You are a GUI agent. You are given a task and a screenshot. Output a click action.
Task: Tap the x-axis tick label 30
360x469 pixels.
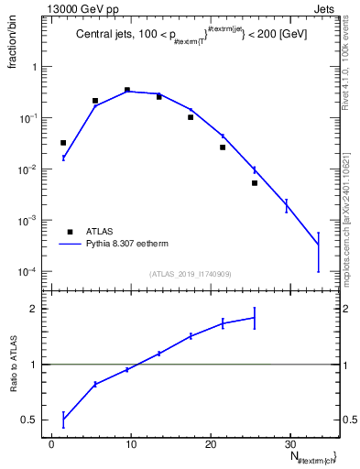click(x=289, y=444)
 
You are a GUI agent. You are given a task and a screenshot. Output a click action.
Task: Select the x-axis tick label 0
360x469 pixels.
click(x=52, y=444)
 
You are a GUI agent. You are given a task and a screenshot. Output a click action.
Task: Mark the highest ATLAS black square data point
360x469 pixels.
click(x=126, y=90)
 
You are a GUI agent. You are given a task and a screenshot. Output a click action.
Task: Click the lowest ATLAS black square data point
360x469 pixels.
click(x=255, y=183)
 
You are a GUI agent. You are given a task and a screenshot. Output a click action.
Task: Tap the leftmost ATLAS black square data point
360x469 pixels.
click(x=63, y=143)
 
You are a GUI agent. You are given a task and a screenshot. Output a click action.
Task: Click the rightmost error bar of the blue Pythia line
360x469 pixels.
click(x=318, y=245)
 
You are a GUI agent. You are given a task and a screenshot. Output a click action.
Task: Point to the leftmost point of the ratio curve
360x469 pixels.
click(x=63, y=420)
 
